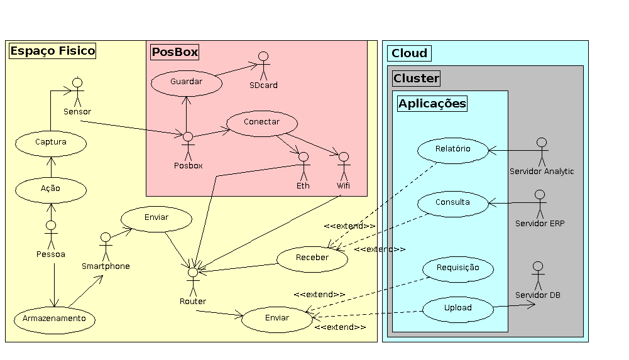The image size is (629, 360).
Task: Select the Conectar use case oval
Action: [x=261, y=123]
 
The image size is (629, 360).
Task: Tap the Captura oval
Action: [x=51, y=143]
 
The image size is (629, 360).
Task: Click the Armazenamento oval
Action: [x=55, y=319]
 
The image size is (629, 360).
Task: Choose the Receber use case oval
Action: [x=312, y=258]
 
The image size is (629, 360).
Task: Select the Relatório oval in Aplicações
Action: [x=452, y=150]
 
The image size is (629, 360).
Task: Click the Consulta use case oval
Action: [x=452, y=203]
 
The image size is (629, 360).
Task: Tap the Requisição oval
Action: [x=458, y=268]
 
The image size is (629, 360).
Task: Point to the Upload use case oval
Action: [x=457, y=308]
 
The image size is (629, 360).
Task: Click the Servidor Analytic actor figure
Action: [x=541, y=151]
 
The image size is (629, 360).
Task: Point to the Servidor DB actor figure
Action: [x=537, y=275]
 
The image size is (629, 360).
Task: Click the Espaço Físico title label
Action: [x=53, y=51]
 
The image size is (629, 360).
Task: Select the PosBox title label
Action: [x=175, y=52]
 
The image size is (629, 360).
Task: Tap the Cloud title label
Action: [x=409, y=53]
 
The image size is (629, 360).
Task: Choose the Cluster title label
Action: [x=416, y=79]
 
